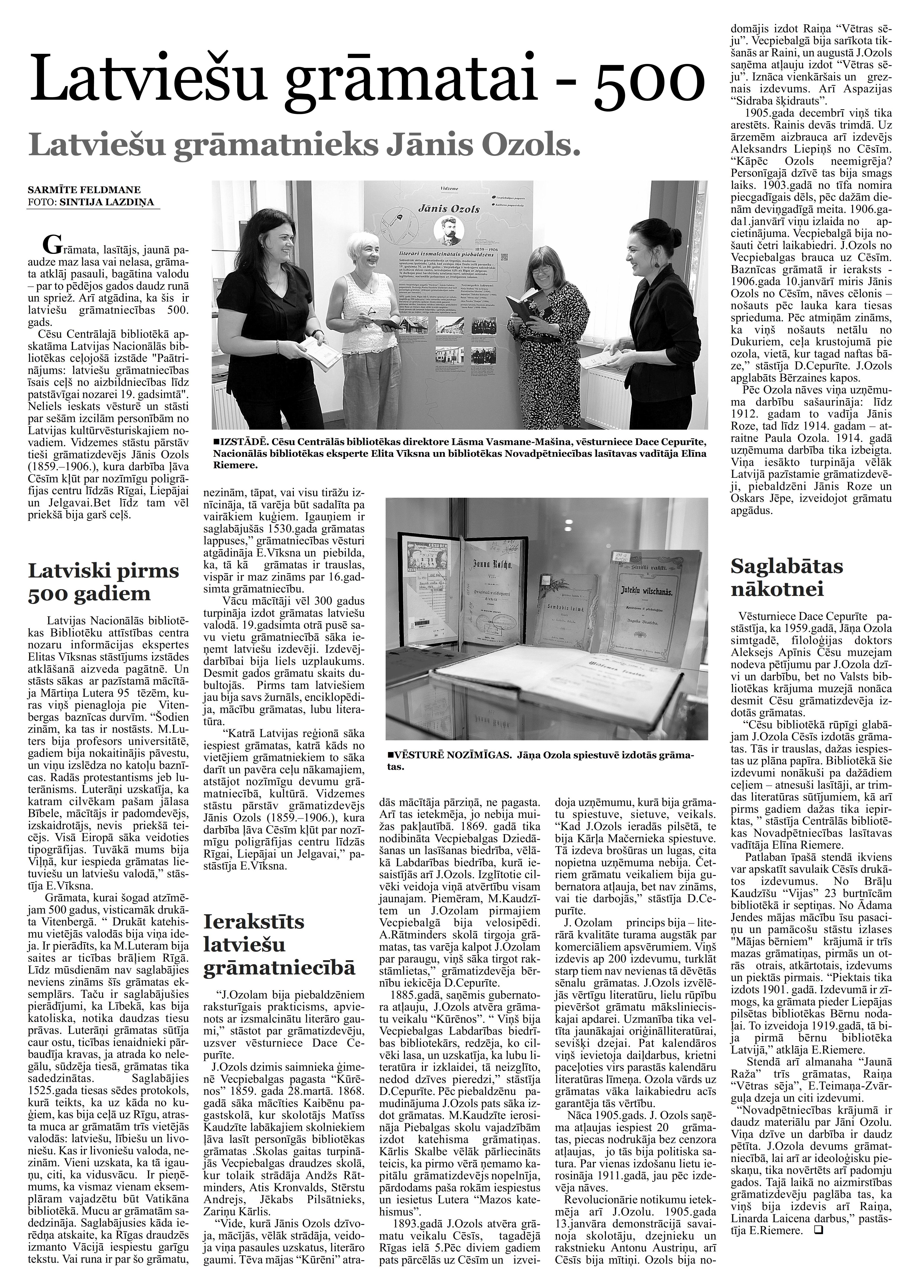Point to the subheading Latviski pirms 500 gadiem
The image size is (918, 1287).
pyautogui.click(x=103, y=582)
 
